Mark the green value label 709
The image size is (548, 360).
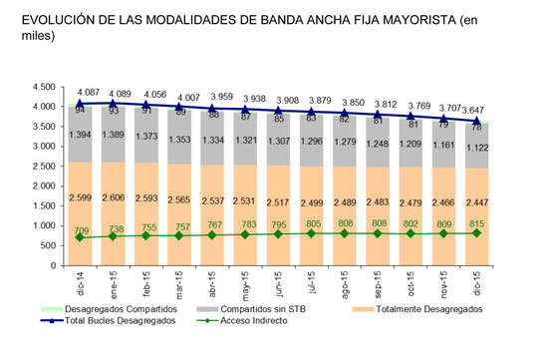pyautogui.click(x=81, y=230)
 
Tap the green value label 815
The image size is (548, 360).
pyautogui.click(x=477, y=224)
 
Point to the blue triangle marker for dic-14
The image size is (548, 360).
pyautogui.click(x=81, y=104)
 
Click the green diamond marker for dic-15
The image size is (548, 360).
pyautogui.click(x=477, y=233)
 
